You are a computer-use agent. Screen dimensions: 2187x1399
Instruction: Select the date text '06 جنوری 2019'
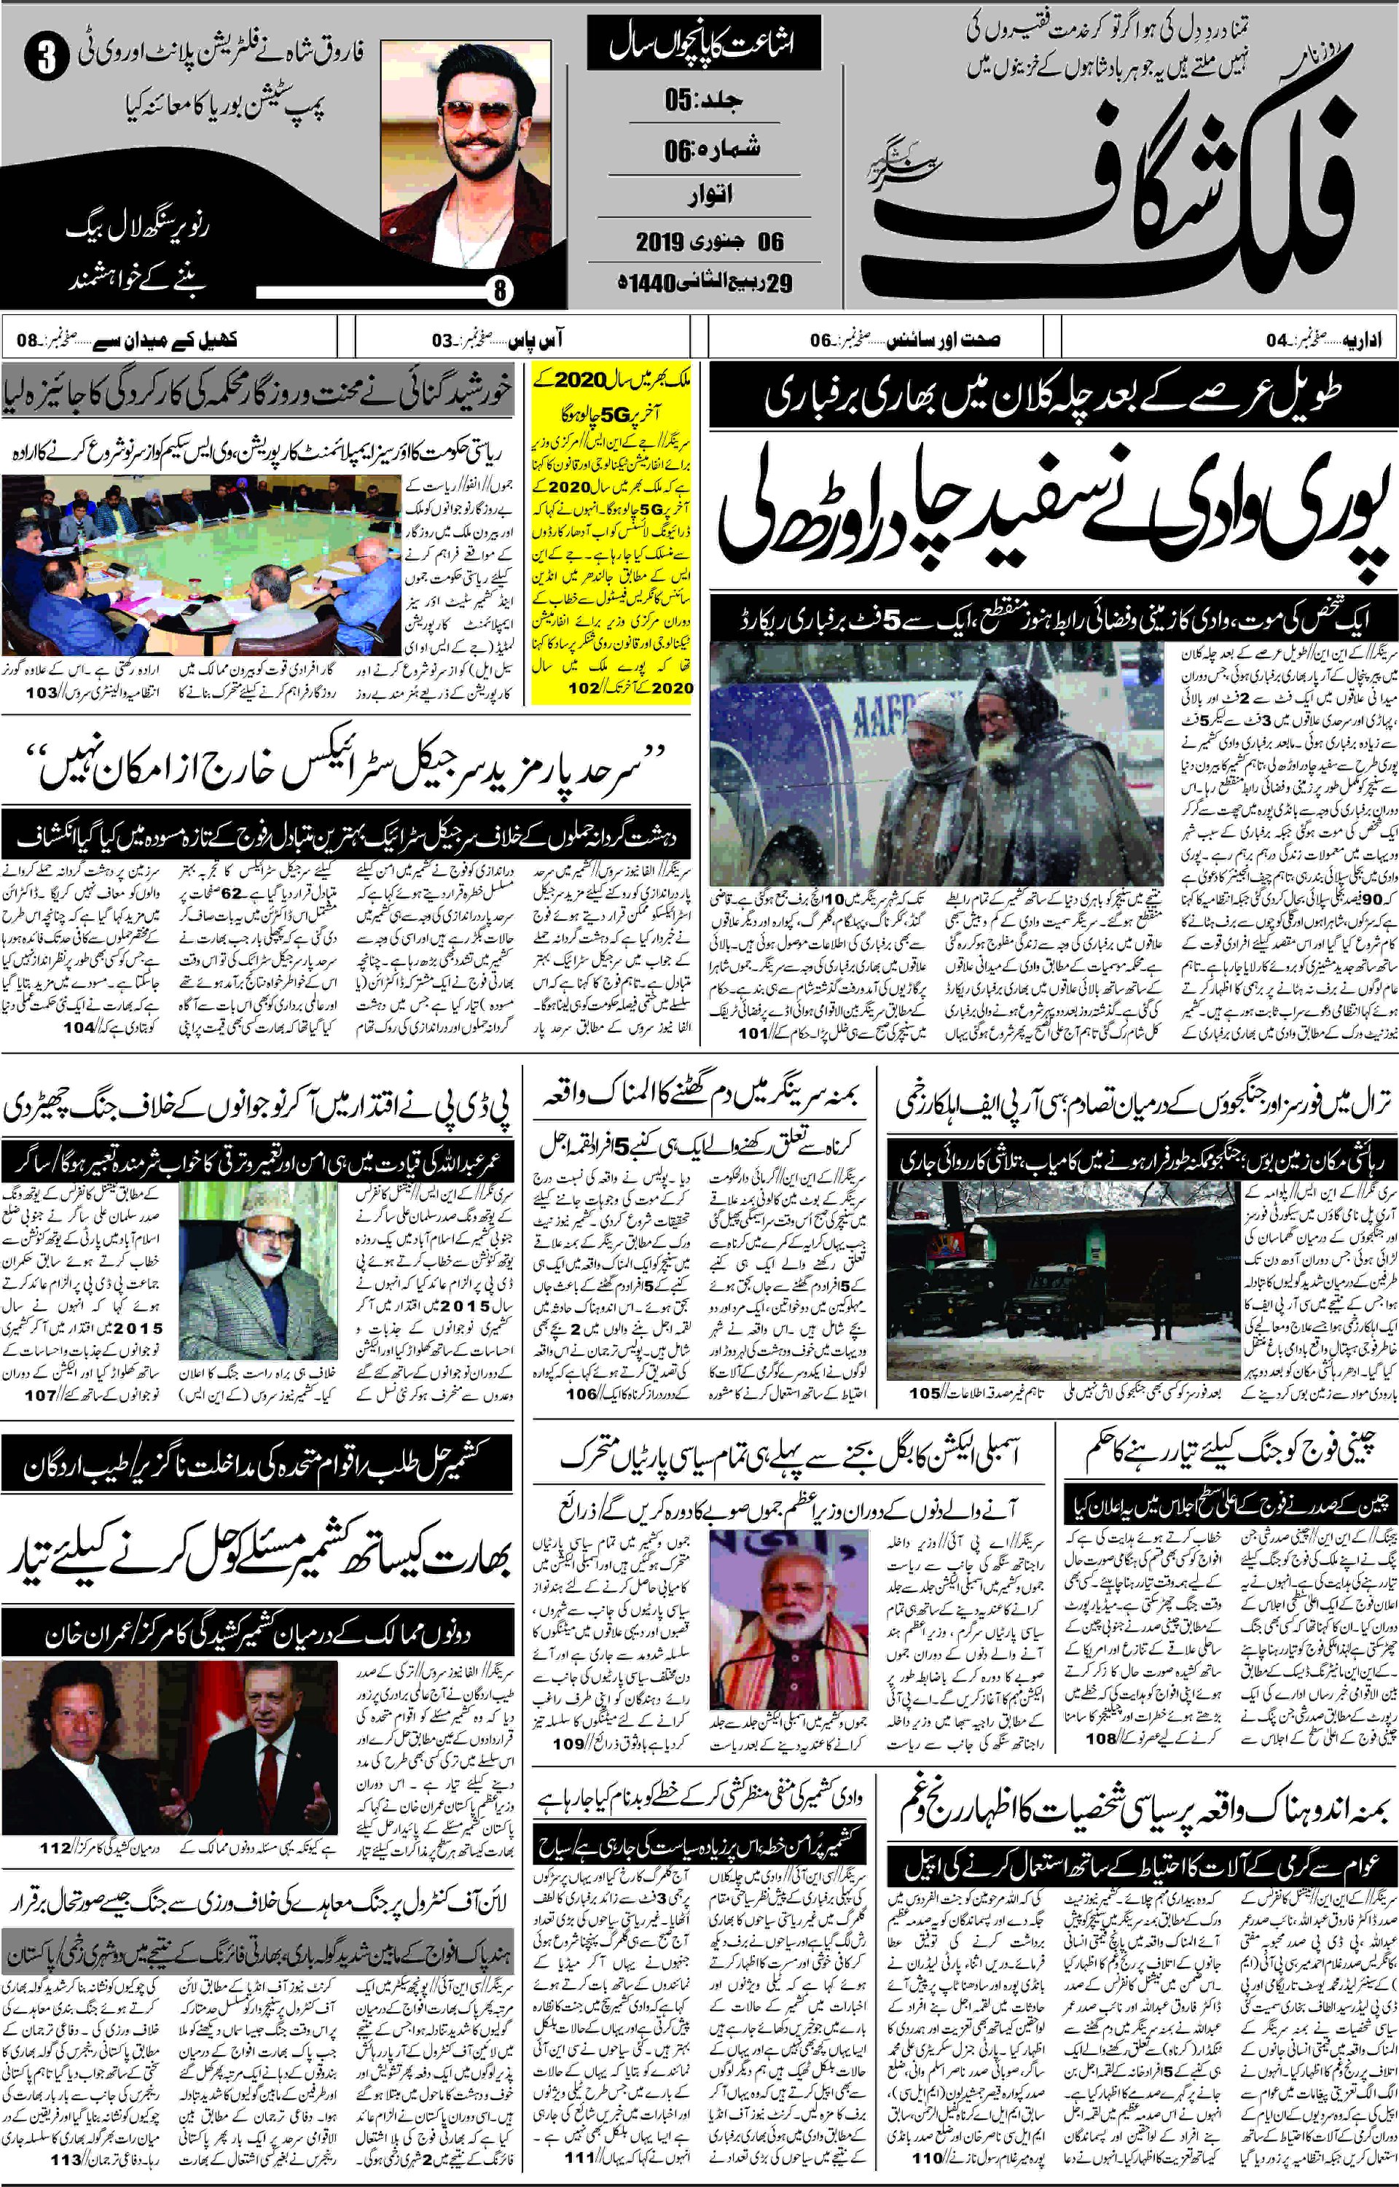pos(708,242)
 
